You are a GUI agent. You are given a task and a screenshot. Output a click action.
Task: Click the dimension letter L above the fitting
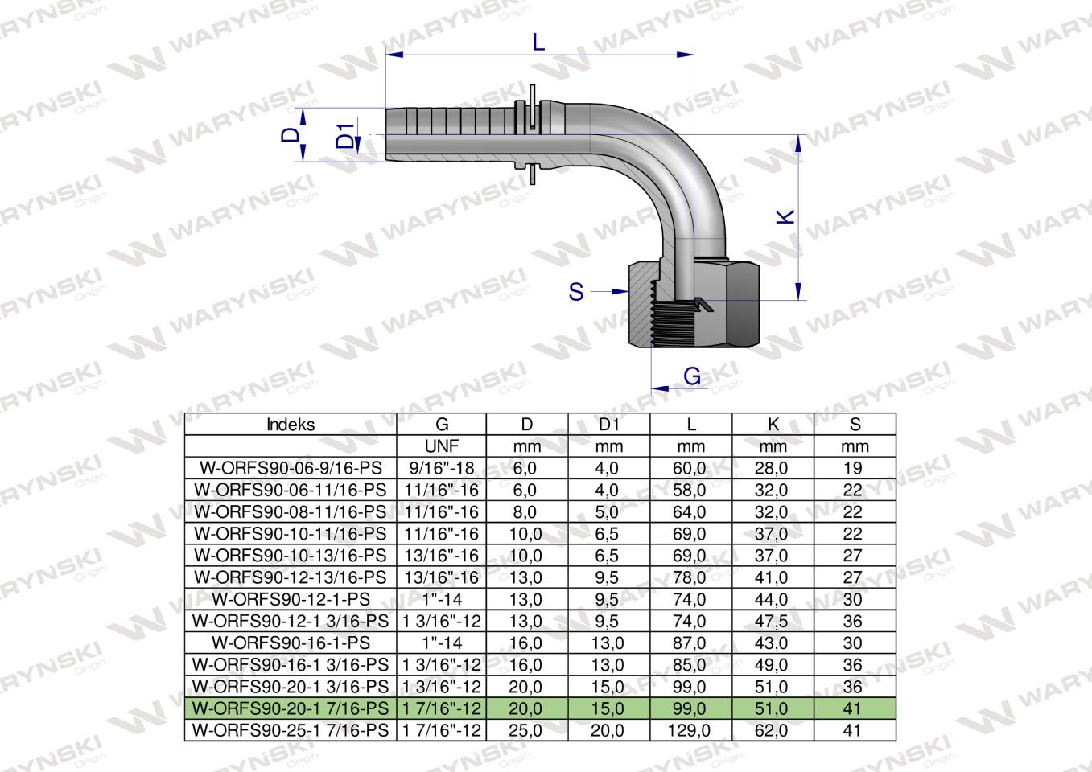click(x=539, y=42)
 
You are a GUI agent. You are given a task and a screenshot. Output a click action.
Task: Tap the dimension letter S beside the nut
click(x=575, y=292)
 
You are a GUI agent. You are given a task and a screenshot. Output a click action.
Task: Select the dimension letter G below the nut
click(x=691, y=376)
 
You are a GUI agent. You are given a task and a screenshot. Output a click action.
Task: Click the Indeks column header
click(x=291, y=425)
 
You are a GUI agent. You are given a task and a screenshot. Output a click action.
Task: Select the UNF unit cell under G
click(x=441, y=446)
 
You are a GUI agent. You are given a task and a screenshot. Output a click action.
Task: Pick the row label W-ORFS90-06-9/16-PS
click(x=291, y=468)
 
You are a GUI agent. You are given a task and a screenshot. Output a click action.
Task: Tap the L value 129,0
click(x=691, y=730)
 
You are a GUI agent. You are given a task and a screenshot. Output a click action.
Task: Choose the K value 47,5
click(x=773, y=621)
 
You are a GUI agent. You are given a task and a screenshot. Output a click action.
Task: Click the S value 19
click(x=854, y=468)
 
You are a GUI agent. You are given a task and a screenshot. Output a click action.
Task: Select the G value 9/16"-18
click(x=441, y=468)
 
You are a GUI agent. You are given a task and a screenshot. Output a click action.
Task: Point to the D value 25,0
click(x=526, y=730)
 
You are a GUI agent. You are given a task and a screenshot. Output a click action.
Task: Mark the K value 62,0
click(x=773, y=730)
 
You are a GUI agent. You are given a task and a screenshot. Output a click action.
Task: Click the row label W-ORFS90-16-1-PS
click(x=291, y=643)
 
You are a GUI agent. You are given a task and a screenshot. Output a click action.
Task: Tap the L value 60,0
click(x=691, y=468)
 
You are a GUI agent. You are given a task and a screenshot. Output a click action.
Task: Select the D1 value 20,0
click(x=608, y=730)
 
